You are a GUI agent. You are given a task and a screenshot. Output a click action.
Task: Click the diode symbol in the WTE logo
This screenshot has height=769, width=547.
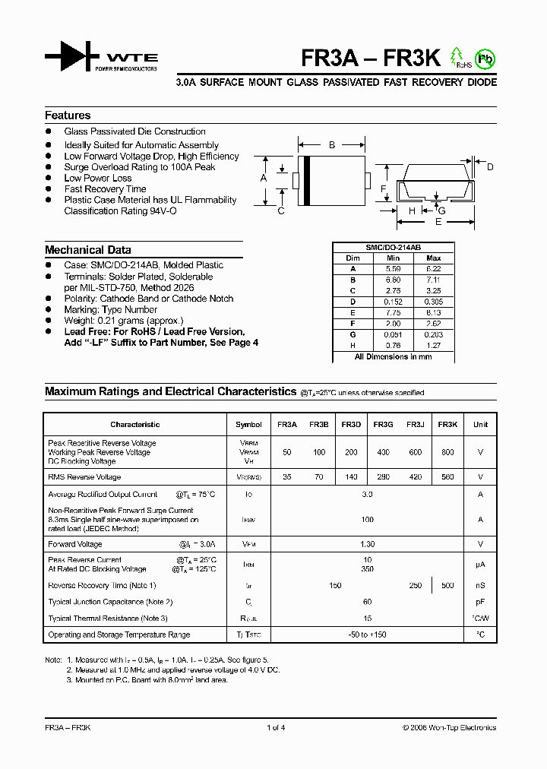coord(71,57)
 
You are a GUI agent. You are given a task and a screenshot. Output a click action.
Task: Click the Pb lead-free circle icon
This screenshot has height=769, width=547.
coord(483,58)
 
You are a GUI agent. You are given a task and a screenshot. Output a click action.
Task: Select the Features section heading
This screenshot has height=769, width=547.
coord(68,116)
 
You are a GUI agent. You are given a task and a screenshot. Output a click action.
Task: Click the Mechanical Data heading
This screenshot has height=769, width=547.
coord(87,250)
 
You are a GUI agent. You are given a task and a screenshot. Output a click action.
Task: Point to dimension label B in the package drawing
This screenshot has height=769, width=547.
coord(332,144)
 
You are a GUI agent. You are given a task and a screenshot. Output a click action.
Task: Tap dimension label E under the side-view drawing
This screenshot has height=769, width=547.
coord(438,222)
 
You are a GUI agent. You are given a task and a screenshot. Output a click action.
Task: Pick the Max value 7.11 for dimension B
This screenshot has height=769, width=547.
coord(434,280)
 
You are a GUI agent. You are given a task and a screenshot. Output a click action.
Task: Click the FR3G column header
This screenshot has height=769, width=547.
coord(383,425)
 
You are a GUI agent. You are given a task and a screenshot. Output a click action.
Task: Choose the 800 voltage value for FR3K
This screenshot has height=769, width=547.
coord(447,452)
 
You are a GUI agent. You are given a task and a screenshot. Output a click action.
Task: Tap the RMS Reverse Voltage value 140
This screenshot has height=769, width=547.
coord(351,477)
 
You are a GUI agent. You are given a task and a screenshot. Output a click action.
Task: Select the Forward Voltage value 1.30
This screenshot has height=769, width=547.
coord(367,544)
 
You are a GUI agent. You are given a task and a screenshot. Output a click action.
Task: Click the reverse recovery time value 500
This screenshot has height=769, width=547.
coord(447,585)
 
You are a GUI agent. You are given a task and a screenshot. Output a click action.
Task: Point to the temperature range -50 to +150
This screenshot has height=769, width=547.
coord(367,635)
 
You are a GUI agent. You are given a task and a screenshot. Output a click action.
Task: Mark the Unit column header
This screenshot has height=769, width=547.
coord(480,425)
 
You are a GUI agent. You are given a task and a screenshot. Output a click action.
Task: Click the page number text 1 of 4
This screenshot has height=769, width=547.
coord(276,727)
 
